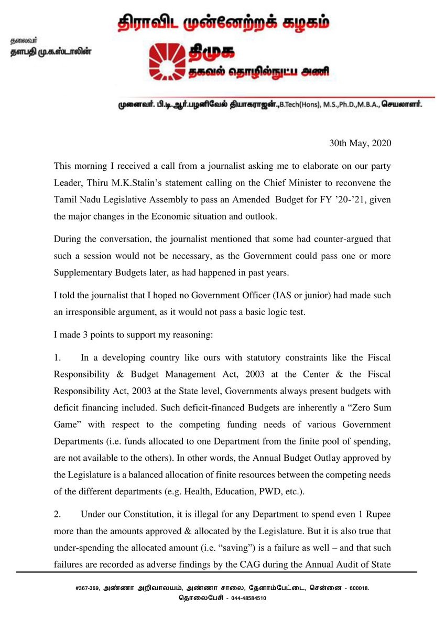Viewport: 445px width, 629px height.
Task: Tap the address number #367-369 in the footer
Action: tap(88, 589)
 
